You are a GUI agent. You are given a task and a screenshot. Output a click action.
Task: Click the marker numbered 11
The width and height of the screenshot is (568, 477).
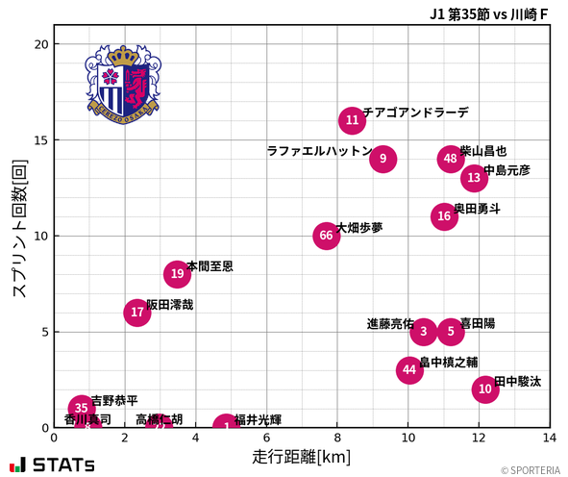[353, 120]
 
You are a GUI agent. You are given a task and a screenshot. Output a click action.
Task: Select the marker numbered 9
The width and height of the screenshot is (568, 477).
[383, 159]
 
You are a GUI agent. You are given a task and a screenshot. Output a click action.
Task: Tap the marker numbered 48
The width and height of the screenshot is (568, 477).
[451, 159]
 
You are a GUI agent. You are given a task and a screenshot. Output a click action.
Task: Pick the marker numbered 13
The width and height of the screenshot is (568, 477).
[474, 178]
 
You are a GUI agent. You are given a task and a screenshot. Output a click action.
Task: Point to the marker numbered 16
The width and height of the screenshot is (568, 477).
[444, 216]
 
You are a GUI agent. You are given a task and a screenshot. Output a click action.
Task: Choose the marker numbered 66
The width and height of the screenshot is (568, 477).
[327, 236]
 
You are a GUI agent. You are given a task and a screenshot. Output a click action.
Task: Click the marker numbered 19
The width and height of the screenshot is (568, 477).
[177, 274]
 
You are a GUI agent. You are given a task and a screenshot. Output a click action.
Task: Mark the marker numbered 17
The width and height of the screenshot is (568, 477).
[137, 313]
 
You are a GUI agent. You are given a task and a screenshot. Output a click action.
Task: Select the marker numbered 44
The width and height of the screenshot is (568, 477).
[410, 370]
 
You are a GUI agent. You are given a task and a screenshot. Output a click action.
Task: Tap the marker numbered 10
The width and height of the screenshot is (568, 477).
[485, 389]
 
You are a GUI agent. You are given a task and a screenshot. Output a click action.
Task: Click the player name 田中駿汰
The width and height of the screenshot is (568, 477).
[517, 382]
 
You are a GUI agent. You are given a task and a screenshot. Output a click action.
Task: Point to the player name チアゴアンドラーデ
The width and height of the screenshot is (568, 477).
[415, 113]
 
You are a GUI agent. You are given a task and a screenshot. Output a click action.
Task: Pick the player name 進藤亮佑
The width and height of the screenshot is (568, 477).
[390, 324]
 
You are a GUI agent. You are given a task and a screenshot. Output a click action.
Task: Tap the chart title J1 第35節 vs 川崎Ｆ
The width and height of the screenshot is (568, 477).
[489, 13]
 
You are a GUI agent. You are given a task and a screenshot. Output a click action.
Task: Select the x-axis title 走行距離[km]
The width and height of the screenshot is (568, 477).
[301, 455]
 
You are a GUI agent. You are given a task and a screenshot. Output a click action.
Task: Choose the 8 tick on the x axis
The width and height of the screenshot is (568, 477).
[337, 438]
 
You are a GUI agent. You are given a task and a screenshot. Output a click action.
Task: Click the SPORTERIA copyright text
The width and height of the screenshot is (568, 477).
[531, 470]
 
